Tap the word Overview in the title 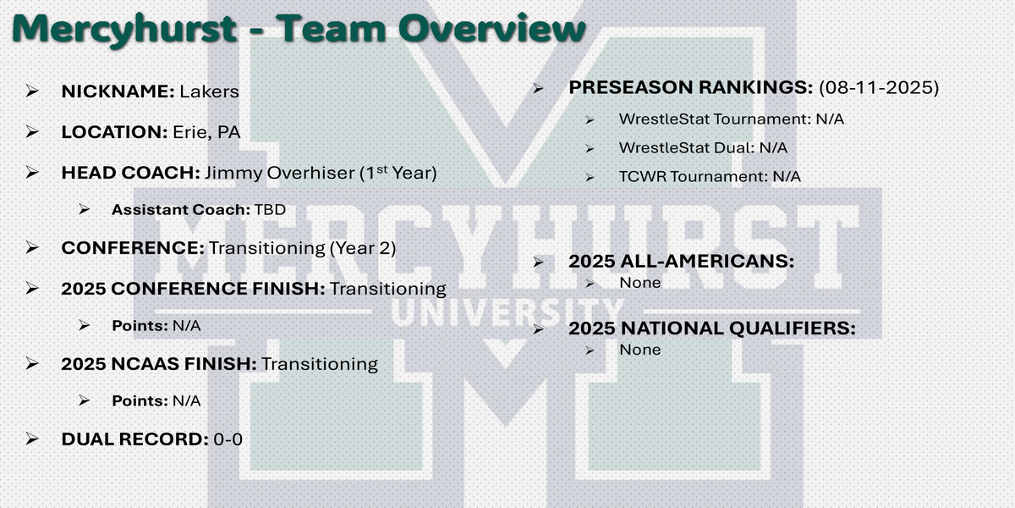click(492, 28)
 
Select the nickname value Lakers click(210, 91)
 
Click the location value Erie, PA click(206, 132)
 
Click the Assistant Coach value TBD click(270, 210)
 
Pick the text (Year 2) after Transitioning click(363, 248)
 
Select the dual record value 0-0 click(228, 439)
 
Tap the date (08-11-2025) click(879, 87)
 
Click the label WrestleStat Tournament click(714, 119)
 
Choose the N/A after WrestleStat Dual click(773, 148)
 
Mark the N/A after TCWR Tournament click(787, 176)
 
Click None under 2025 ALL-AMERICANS click(639, 283)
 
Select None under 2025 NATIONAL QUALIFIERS click(639, 350)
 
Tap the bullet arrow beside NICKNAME click(32, 91)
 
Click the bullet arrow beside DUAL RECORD click(32, 439)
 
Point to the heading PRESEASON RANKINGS click(691, 87)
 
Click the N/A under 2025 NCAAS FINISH click(187, 401)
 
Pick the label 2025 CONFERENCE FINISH click(193, 289)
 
